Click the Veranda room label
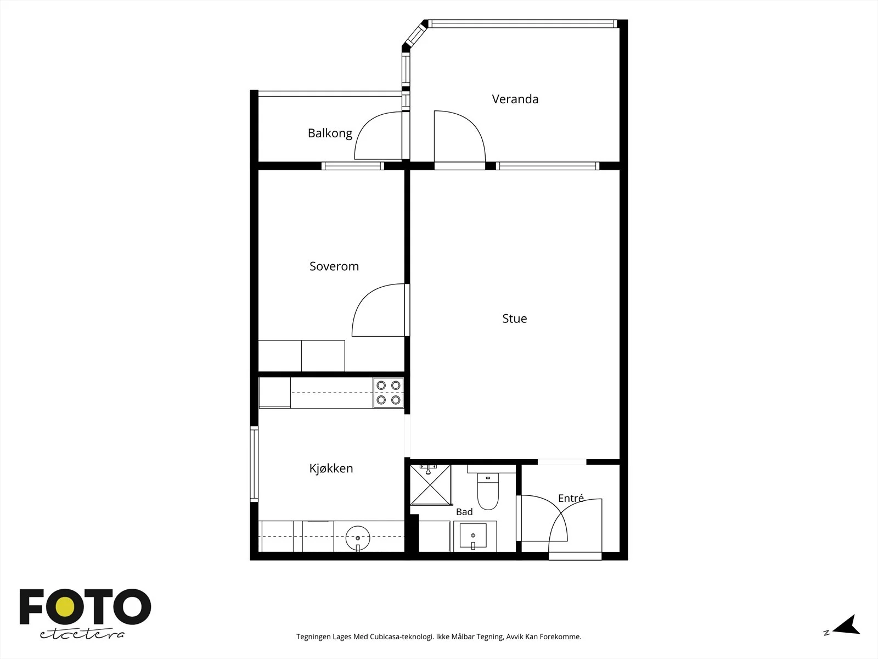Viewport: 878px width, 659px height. point(515,99)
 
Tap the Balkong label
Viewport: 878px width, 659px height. point(330,133)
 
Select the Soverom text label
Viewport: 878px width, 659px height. point(334,266)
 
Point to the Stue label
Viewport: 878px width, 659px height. point(514,319)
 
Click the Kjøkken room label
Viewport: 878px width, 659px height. point(331,468)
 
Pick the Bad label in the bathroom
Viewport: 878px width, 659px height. point(464,512)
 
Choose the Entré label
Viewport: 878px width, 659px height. point(571,498)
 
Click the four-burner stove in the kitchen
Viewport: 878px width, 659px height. point(389,393)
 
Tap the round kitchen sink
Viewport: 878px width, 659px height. point(358,538)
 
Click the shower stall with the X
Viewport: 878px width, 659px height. point(430,485)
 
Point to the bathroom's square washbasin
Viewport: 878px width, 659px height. point(473,536)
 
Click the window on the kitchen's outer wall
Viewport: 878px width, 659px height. point(254,463)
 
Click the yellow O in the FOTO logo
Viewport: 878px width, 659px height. point(65,607)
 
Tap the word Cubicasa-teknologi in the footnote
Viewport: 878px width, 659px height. point(402,636)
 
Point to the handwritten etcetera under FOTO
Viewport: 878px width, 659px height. point(82,634)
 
